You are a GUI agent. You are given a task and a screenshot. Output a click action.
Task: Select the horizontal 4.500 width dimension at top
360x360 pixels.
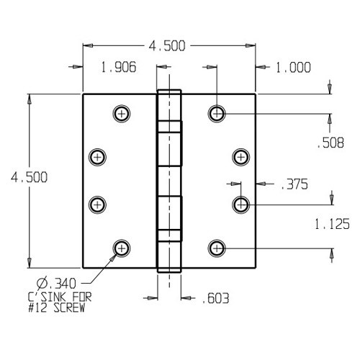tap(167, 46)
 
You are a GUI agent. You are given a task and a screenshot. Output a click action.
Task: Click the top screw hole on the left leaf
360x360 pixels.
tap(121, 113)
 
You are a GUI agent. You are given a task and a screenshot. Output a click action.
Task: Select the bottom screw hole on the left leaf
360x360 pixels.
tap(121, 248)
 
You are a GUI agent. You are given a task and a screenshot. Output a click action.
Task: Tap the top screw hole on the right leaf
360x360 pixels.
tap(217, 113)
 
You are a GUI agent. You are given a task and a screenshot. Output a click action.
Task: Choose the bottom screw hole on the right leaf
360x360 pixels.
tap(217, 248)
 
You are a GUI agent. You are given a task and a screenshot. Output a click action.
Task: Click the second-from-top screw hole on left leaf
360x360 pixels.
tap(97, 156)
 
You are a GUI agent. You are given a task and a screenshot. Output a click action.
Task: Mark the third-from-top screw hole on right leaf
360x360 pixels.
tap(241, 204)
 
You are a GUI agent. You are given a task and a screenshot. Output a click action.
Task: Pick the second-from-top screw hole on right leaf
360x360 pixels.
tap(241, 156)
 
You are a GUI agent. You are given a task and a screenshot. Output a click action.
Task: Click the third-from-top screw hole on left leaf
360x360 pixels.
tap(97, 204)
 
